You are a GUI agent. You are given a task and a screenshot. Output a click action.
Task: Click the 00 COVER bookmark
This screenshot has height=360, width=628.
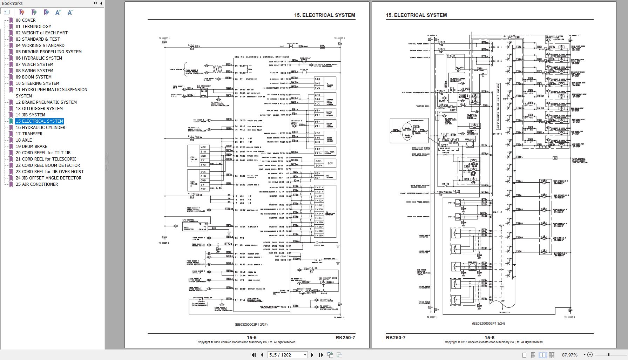pyautogui.click(x=26, y=20)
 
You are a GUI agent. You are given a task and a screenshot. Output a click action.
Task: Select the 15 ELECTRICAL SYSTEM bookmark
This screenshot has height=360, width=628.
pyautogui.click(x=39, y=121)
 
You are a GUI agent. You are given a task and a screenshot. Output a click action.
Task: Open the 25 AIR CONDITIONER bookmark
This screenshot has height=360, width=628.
pyautogui.click(x=37, y=184)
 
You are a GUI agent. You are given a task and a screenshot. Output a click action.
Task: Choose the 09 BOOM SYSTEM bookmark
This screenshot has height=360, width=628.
pyautogui.click(x=33, y=77)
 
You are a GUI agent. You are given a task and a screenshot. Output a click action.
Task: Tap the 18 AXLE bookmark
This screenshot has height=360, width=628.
pyautogui.click(x=24, y=140)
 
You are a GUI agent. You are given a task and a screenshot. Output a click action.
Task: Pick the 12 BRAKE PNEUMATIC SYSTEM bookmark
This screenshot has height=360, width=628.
pyautogui.click(x=46, y=102)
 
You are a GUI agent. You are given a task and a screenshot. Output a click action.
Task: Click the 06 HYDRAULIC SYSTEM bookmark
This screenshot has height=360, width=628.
pyautogui.click(x=39, y=58)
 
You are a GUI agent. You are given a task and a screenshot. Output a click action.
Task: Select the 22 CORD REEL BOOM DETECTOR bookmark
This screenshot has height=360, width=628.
pyautogui.click(x=48, y=165)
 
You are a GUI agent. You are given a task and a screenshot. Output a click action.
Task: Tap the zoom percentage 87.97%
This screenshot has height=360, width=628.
pyautogui.click(x=569, y=355)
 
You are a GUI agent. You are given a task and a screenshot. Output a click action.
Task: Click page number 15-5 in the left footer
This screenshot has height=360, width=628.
pyautogui.click(x=251, y=338)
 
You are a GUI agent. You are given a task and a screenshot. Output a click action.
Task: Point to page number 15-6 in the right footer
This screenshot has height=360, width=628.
pyautogui.click(x=489, y=338)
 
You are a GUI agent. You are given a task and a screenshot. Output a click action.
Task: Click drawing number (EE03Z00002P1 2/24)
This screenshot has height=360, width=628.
pyautogui.click(x=251, y=324)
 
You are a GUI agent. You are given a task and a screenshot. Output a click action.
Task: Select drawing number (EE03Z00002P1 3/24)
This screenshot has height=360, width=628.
pyautogui.click(x=488, y=324)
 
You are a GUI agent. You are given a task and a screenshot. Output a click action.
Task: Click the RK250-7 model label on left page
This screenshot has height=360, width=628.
pyautogui.click(x=345, y=338)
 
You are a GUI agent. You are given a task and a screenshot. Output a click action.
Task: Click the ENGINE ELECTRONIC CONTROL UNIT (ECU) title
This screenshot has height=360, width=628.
pyautogui.click(x=262, y=57)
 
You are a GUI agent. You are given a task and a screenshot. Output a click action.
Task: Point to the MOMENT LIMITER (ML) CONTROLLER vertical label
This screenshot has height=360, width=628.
pyautogui.click(x=498, y=106)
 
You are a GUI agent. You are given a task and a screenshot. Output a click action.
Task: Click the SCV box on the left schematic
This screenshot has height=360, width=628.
pyautogui.click(x=330, y=163)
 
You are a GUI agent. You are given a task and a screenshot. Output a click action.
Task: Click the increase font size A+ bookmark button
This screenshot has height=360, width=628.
pyautogui.click(x=58, y=12)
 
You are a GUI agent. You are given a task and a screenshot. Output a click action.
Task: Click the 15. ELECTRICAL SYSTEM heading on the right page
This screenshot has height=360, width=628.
pyautogui.click(x=416, y=15)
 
